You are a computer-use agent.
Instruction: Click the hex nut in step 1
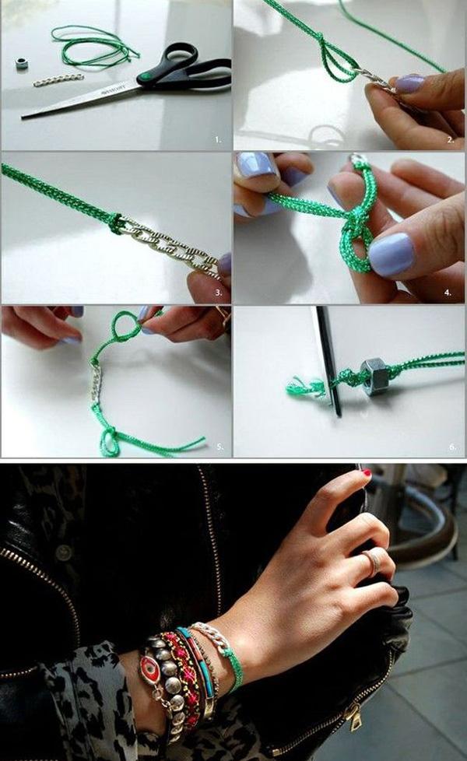(x=21, y=63)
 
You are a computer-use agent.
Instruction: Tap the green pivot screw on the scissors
(x=144, y=78)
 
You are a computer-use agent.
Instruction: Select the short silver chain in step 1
(x=58, y=80)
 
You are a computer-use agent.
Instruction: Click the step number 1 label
(x=218, y=140)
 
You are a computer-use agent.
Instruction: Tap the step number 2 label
(x=450, y=140)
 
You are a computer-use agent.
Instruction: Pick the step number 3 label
(x=218, y=293)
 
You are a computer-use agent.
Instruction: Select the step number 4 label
(x=450, y=293)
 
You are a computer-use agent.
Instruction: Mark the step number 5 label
(x=219, y=447)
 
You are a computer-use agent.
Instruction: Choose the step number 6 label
(x=451, y=447)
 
